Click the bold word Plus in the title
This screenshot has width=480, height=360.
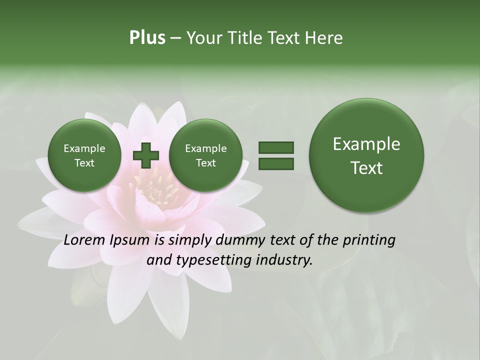coord(147,38)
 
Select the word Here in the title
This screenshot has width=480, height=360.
coord(324,38)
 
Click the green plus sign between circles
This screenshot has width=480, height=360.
coord(145,155)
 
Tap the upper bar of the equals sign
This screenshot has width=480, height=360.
coord(275,147)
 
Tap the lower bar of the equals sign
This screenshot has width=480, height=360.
coord(275,163)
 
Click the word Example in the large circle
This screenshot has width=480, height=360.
coord(366,144)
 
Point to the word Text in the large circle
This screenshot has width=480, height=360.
coord(366,168)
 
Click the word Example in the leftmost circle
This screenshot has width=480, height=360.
coord(84,148)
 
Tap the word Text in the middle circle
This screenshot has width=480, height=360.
coord(205,163)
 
